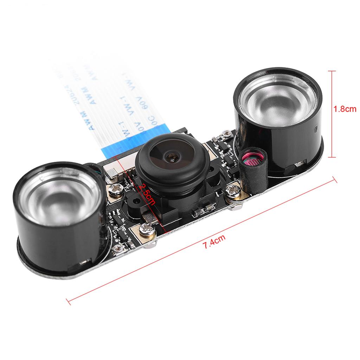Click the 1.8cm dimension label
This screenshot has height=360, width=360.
(x=345, y=109)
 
